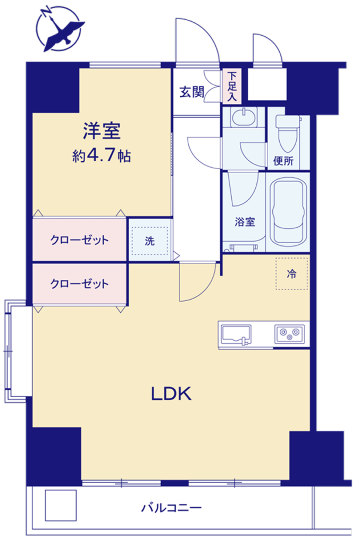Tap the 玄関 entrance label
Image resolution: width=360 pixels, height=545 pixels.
(x=191, y=92)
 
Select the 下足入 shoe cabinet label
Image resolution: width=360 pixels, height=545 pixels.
(x=232, y=86)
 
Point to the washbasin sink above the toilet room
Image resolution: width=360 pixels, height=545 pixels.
(x=244, y=117)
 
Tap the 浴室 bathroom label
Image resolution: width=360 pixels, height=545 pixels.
(x=245, y=221)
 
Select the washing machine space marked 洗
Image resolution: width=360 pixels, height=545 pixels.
(x=149, y=241)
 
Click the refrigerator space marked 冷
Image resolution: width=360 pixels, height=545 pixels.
(x=291, y=274)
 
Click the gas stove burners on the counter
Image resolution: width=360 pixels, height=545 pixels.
(x=289, y=334)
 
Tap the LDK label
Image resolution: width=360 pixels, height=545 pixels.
(x=171, y=394)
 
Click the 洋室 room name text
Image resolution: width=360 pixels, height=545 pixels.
(x=102, y=131)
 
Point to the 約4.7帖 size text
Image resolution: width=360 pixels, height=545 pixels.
(x=102, y=155)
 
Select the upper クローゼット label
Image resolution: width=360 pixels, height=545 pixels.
(x=80, y=240)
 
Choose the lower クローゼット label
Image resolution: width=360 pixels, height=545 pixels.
(x=80, y=284)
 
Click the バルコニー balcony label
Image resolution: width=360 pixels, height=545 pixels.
(x=171, y=508)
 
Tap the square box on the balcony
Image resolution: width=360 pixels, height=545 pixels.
(x=61, y=505)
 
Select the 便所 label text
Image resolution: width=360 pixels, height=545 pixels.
(x=283, y=161)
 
